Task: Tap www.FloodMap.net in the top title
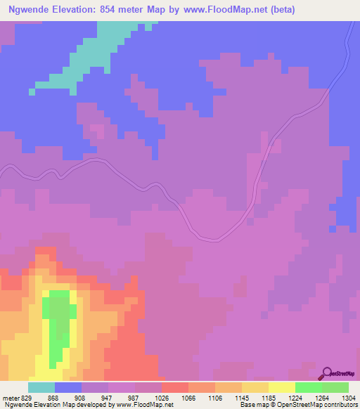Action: coord(223,10)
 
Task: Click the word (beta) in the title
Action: coord(279,10)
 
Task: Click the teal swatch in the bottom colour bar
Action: coord(41,387)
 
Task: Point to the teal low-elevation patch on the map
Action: coord(98,49)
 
